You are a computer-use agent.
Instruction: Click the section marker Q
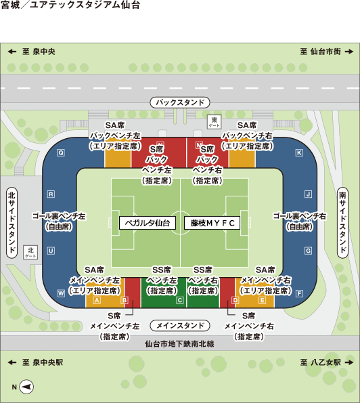(x=61, y=153)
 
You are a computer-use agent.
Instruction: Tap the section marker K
(x=299, y=153)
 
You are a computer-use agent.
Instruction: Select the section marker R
(x=51, y=194)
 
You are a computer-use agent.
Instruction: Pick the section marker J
(x=309, y=194)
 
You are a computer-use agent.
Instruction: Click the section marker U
(x=51, y=251)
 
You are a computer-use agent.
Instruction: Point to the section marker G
(x=308, y=251)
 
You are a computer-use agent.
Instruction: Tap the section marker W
(x=61, y=293)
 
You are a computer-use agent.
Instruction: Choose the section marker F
(x=299, y=293)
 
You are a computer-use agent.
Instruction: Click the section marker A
(x=97, y=300)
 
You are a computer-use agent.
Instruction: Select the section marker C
(x=180, y=300)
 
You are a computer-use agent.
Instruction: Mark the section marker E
(x=262, y=300)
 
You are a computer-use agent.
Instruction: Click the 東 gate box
(x=214, y=121)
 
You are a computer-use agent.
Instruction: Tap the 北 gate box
(x=30, y=252)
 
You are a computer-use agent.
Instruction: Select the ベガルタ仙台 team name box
(x=148, y=223)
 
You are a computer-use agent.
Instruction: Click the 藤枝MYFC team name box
(x=212, y=223)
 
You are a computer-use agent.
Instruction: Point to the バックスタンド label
(x=180, y=102)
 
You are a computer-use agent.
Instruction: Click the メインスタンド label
(x=180, y=326)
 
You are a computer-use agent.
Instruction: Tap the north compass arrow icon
(x=26, y=387)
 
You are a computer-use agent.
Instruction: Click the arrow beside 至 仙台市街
(x=349, y=51)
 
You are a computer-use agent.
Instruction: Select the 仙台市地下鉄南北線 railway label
(x=179, y=343)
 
